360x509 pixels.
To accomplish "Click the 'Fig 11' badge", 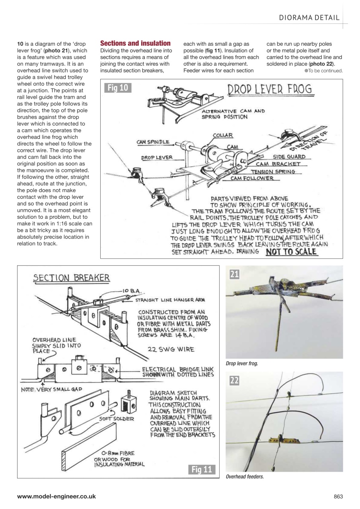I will pos(202,469).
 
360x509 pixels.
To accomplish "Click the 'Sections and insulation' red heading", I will pos(135,43).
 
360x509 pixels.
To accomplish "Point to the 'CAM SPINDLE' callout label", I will pos(153,142).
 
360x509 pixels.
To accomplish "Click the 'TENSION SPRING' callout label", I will pos(281,171).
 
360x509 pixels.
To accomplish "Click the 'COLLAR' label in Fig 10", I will pos(223,136).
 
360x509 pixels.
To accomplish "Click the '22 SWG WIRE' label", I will pos(171,350).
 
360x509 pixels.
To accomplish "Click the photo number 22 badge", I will pos(235,381).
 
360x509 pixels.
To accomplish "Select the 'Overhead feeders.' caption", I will pos(245,476).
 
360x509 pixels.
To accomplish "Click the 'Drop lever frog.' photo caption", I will pos(241,363).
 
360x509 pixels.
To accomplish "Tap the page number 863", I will pos(338,496).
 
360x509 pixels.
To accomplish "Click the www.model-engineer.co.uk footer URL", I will pos(56,496).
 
